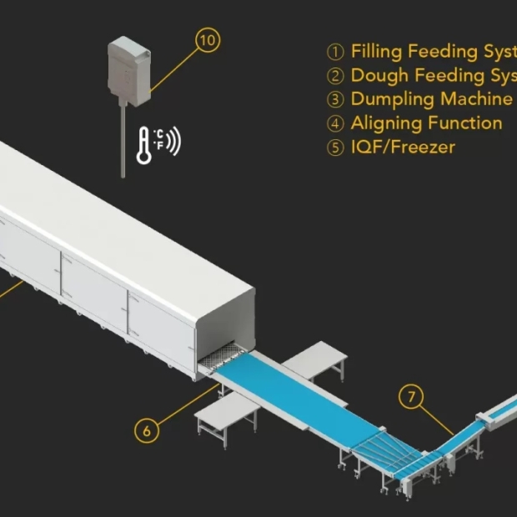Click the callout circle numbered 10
coord(208,39)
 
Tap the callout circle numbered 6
coord(147,430)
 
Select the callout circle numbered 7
coord(409,396)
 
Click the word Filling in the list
coord(376,52)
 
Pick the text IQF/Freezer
coord(403,148)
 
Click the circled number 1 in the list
coord(335,53)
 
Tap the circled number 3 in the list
coord(335,100)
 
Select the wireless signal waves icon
coord(173,142)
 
